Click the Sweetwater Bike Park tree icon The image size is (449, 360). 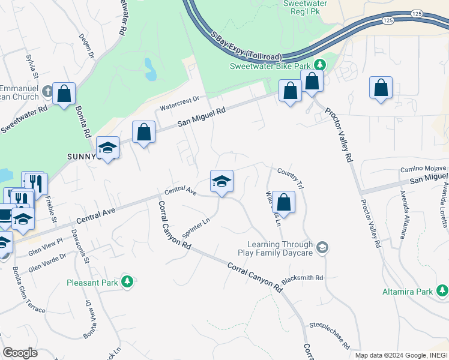coord(320,65)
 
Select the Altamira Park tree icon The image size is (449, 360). coord(442,291)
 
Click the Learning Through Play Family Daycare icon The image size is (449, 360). coord(322,247)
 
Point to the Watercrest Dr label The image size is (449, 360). coord(179,103)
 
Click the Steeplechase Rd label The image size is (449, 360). coord(329,336)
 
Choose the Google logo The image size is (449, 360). coord(20,353)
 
